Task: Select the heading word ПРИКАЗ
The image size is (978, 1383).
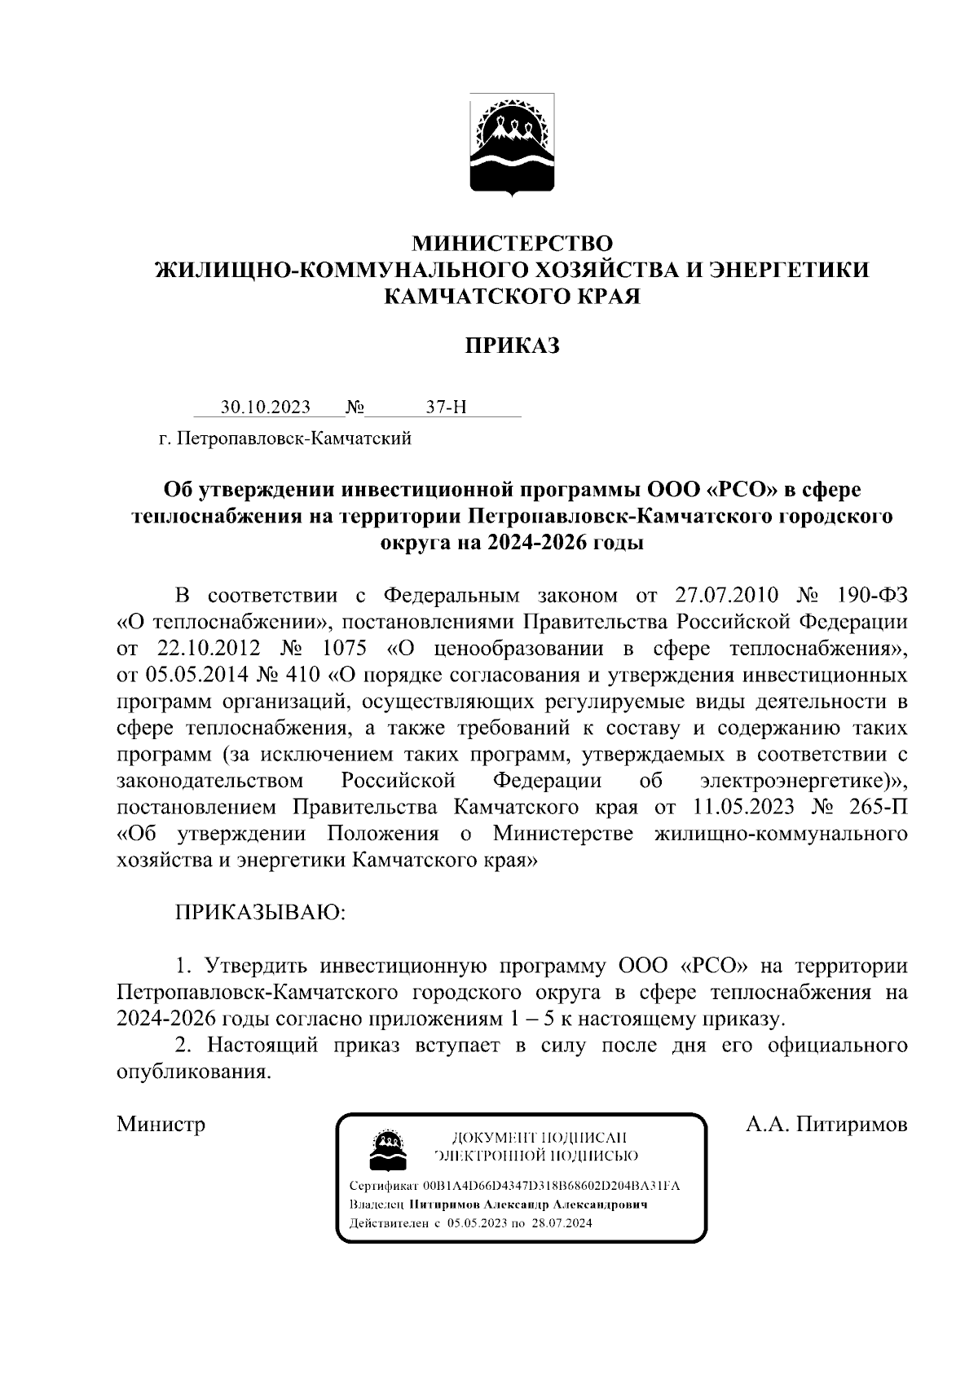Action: click(512, 346)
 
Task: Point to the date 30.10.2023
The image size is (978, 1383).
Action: click(265, 407)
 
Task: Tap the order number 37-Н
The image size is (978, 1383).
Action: click(446, 407)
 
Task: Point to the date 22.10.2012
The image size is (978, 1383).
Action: click(204, 649)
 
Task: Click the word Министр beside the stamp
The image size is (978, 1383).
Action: click(161, 1125)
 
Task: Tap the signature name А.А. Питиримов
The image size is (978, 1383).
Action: click(826, 1125)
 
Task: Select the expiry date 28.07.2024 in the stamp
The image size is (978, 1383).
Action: click(562, 1223)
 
